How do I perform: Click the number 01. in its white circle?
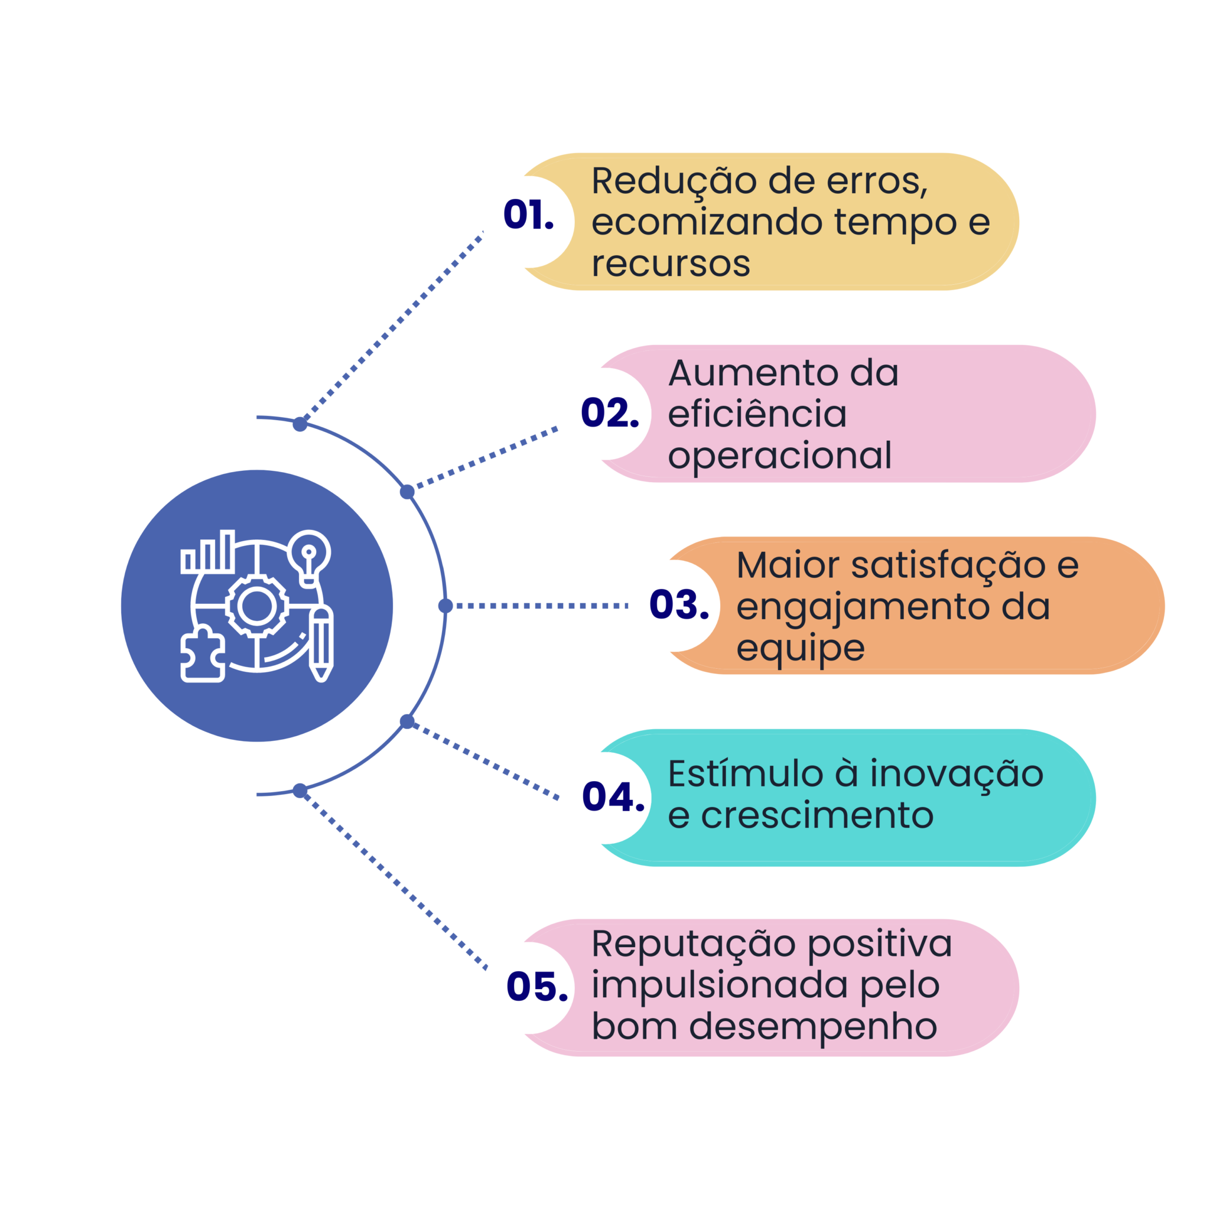point(528,216)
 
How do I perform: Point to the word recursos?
point(670,264)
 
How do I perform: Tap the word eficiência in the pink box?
point(757,415)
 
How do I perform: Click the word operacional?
point(779,456)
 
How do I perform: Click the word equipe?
point(800,648)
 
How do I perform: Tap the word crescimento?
point(817,815)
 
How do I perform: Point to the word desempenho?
point(814,1027)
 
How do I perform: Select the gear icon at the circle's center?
point(256,606)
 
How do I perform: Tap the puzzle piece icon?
point(201,655)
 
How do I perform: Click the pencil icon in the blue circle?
point(321,643)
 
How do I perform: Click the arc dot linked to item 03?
point(445,606)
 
